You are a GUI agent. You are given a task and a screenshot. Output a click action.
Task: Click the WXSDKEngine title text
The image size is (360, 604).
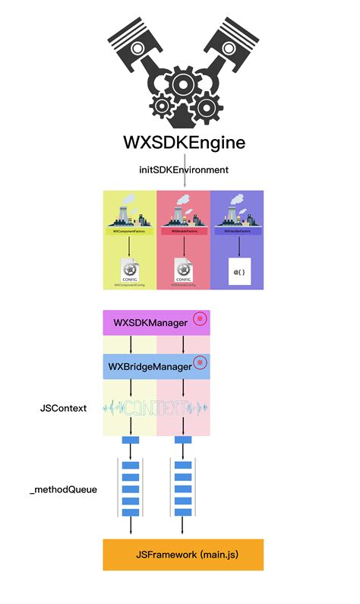tap(184, 144)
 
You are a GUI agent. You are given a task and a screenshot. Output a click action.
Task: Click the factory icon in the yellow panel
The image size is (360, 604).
tap(129, 211)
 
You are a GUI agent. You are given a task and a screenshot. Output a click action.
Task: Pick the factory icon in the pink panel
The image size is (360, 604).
tap(183, 211)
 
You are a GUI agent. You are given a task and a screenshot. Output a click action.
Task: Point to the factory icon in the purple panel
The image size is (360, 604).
tap(236, 211)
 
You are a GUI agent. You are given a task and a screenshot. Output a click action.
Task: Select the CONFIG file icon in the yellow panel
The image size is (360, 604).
tap(129, 270)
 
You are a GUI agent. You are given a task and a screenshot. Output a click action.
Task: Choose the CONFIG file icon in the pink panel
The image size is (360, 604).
tap(183, 270)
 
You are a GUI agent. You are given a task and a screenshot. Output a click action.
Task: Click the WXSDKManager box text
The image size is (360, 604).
tap(150, 323)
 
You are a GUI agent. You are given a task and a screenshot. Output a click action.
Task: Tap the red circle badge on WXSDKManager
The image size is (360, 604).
tap(200, 320)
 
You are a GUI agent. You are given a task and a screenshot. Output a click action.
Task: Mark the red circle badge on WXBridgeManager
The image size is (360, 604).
tap(200, 363)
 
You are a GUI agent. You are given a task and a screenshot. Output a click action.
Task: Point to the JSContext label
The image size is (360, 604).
tap(63, 408)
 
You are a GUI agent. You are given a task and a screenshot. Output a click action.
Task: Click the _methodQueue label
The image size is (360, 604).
tap(63, 490)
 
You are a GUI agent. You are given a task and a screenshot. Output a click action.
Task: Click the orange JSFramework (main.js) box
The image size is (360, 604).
tap(183, 555)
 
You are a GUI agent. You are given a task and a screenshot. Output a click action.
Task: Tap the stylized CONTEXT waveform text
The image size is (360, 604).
tap(156, 408)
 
